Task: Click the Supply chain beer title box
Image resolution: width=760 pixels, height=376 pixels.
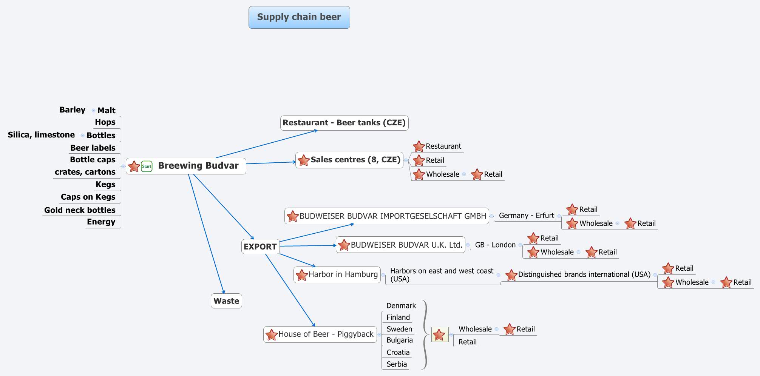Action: (299, 17)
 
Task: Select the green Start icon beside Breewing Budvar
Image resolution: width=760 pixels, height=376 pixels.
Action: (147, 166)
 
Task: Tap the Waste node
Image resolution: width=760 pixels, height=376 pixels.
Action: (226, 301)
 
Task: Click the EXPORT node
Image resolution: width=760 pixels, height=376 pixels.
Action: (260, 247)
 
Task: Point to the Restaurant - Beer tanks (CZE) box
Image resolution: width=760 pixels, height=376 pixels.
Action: (344, 123)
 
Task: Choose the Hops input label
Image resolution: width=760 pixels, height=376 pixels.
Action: (105, 122)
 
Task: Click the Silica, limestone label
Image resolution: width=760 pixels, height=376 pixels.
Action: (41, 135)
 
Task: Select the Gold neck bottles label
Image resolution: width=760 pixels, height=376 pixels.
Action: (80, 210)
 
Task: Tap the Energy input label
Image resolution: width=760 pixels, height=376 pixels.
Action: (101, 222)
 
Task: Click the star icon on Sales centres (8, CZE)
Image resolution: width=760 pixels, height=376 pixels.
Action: (303, 160)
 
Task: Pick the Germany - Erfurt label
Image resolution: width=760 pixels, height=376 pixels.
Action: (526, 216)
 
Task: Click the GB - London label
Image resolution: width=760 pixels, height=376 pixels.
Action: (495, 245)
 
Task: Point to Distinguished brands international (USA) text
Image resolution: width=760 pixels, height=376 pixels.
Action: (584, 274)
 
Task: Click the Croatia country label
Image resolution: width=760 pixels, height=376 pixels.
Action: (398, 352)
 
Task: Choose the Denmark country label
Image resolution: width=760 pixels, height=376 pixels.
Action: (401, 305)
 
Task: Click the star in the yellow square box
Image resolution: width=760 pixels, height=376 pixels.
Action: (439, 334)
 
